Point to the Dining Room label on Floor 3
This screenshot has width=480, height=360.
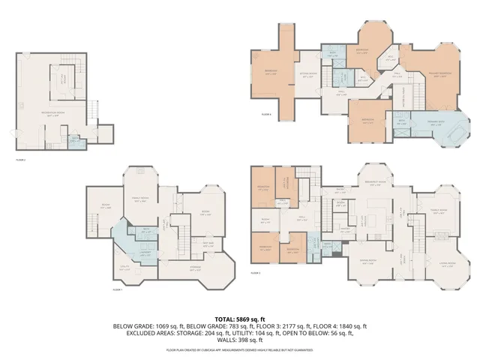point(367,262)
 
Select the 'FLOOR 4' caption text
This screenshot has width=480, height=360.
point(266,115)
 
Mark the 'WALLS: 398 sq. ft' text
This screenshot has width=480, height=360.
point(239,339)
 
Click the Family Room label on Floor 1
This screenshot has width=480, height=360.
point(140,198)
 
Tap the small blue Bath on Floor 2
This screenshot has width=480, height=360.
point(73,140)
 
